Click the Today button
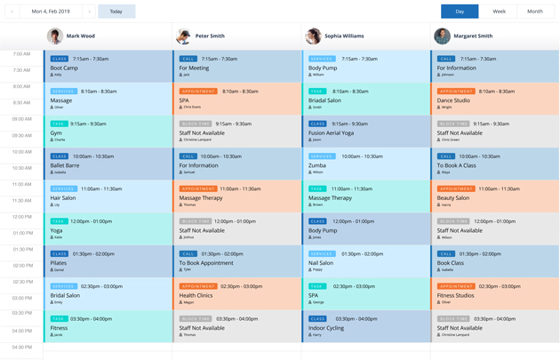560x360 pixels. coord(116,12)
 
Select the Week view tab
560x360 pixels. coord(500,12)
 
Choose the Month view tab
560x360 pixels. coord(534,12)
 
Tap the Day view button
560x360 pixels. coord(460,12)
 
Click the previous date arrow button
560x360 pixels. coord(12,12)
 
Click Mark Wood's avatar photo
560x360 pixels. coord(55,36)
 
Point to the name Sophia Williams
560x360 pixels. coord(344,36)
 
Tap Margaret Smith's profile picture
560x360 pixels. coord(442,36)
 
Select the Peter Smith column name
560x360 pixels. coord(210,36)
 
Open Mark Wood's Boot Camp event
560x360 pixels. coord(64,68)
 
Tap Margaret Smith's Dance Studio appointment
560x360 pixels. coord(453,100)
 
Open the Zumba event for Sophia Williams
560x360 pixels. coord(317,165)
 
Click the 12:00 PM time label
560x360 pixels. coord(21,217)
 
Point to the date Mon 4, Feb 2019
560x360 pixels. coord(51,12)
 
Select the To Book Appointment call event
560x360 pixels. coord(206,263)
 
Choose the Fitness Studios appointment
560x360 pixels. coord(456,295)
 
